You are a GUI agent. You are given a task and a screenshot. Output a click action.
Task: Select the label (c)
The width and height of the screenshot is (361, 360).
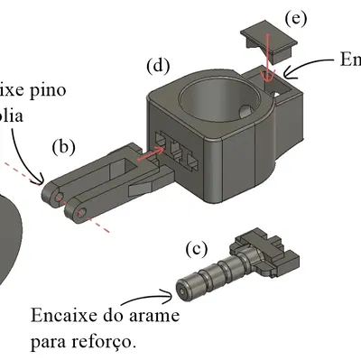tap(196, 248)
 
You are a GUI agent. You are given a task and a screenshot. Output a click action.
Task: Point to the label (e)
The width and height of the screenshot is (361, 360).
tap(294, 18)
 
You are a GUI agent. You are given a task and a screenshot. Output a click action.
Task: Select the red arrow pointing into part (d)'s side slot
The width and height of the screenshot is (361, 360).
tap(153, 155)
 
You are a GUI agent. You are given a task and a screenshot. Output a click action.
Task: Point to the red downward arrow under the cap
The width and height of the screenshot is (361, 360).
tap(267, 68)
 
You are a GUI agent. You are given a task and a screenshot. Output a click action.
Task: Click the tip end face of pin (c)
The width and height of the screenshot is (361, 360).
tap(185, 290)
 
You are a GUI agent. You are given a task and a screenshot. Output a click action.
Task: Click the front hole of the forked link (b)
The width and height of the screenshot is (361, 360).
tap(79, 212)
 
